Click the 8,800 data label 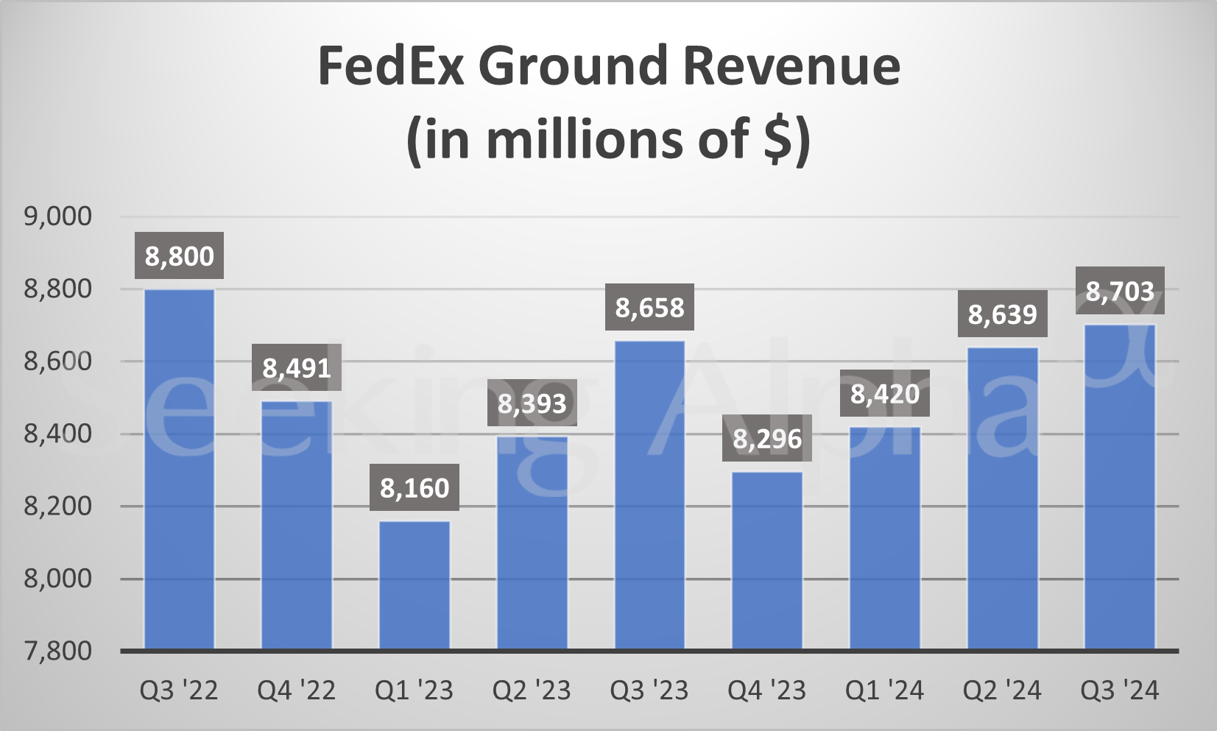click(179, 256)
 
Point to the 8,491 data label click(297, 367)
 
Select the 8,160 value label click(415, 487)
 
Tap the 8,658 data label click(649, 307)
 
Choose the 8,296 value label click(767, 439)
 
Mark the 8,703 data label click(1120, 291)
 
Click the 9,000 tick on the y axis click(58, 216)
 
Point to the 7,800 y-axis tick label click(58, 651)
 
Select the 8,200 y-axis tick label click(58, 506)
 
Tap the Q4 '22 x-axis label click(296, 691)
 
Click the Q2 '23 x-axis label click(532, 691)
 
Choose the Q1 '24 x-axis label click(884, 691)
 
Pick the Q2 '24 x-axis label click(1002, 691)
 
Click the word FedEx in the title click(391, 66)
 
